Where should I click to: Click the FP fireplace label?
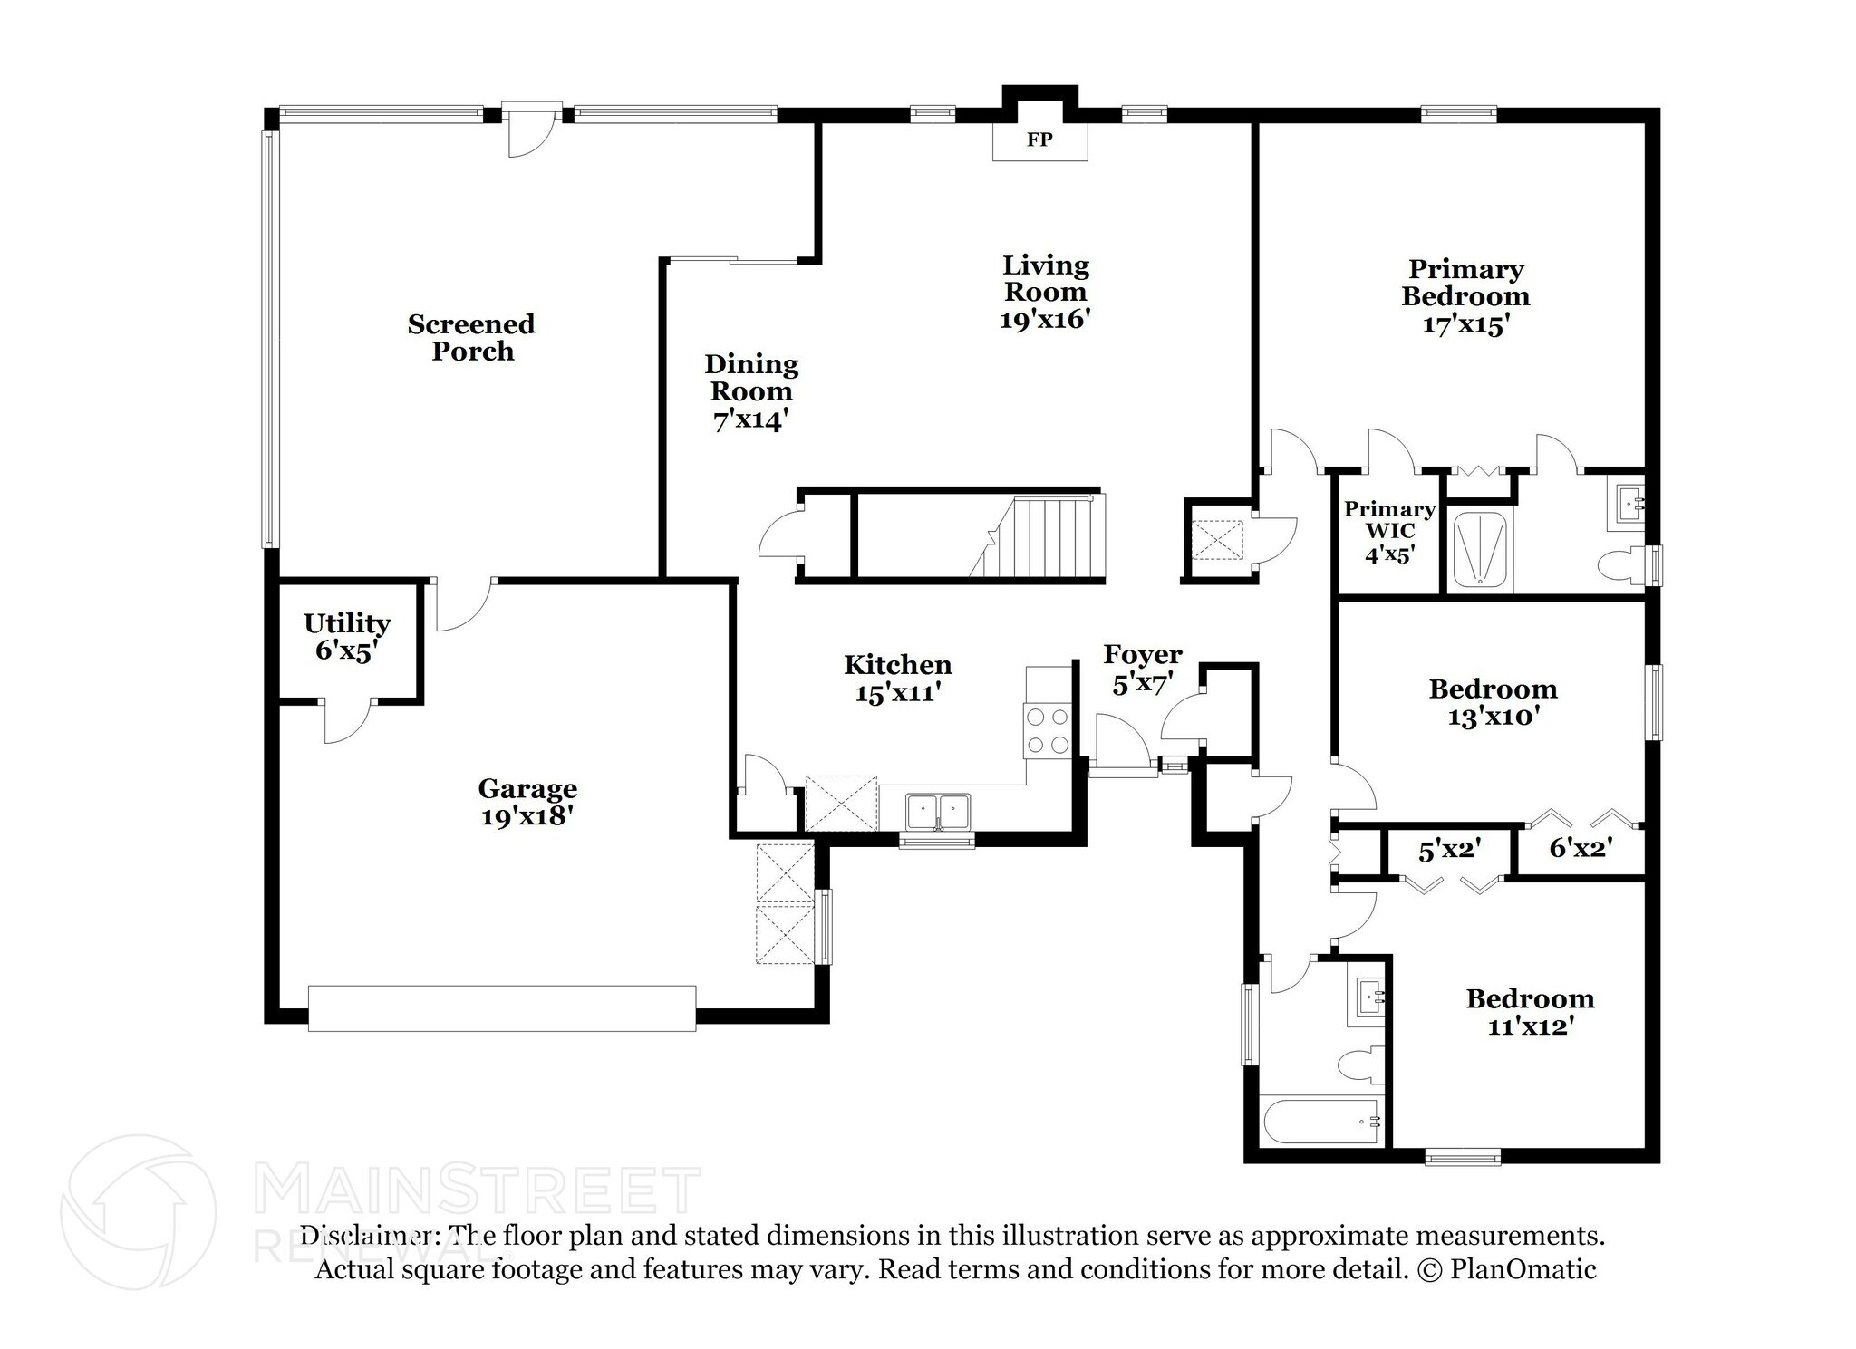tap(1039, 140)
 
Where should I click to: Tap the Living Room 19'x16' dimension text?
tap(1044, 319)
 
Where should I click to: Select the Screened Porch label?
tap(471, 337)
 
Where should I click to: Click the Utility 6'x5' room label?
tap(346, 636)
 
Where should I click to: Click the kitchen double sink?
tap(937, 809)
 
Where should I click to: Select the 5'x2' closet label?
tap(1448, 850)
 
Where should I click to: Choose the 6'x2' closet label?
tap(1580, 848)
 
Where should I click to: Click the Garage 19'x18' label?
tap(527, 802)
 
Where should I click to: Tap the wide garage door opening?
tap(501, 1007)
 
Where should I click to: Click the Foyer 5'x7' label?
tap(1142, 669)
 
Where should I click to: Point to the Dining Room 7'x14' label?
tap(751, 391)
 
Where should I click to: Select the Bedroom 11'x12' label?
tap(1530, 1012)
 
